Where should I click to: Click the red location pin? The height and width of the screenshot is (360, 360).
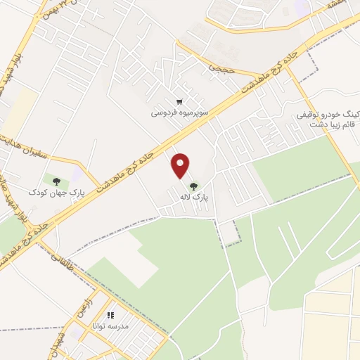181,165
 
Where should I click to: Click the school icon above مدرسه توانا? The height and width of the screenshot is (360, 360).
110,316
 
